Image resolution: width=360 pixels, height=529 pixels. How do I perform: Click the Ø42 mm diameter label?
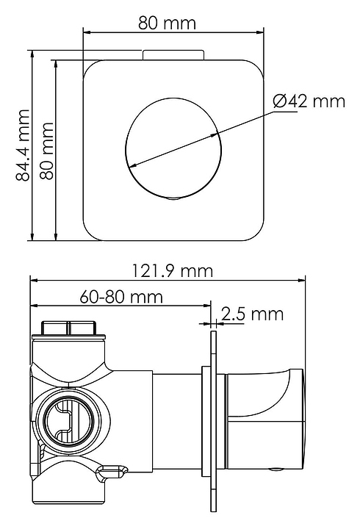[309, 101]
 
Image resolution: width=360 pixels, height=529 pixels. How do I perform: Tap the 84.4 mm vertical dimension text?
[24, 145]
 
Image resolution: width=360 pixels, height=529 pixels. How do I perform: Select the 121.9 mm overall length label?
[172, 271]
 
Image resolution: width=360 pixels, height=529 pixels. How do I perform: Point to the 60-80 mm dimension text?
[121, 297]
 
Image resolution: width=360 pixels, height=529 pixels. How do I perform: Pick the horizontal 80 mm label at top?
[167, 23]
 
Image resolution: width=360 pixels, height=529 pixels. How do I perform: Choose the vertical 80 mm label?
[47, 151]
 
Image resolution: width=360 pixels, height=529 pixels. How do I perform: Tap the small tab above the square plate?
[173, 55]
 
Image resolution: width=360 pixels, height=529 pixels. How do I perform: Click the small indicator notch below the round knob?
[173, 198]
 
